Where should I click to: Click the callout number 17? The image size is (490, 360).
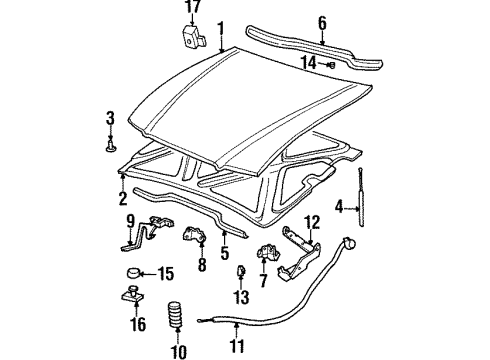(x=193, y=11)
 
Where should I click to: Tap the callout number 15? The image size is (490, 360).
(x=165, y=272)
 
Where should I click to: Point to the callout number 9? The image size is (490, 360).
(x=129, y=221)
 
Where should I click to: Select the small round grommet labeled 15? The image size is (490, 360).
(x=130, y=272)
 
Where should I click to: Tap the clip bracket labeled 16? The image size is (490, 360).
(x=130, y=295)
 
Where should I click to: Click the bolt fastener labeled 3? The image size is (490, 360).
(x=109, y=148)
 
